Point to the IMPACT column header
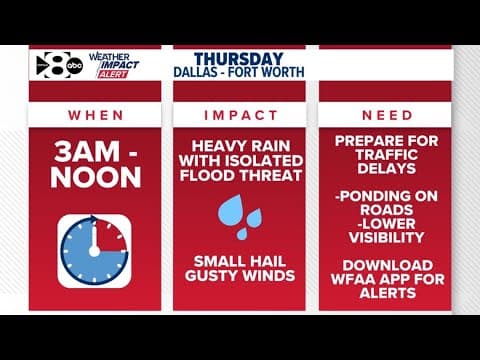(x=240, y=116)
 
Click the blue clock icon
(x=93, y=248)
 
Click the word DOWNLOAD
(x=386, y=265)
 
